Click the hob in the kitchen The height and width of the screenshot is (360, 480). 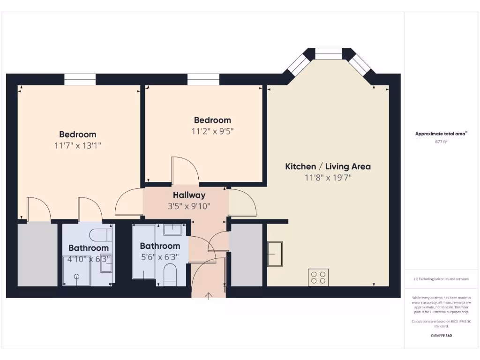tap(318, 277)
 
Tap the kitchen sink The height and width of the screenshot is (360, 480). tap(275, 254)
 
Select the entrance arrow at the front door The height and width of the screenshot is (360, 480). tap(209, 295)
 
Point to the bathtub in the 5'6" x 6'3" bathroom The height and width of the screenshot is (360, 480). tap(143, 252)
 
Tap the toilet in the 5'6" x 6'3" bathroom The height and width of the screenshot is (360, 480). tap(170, 274)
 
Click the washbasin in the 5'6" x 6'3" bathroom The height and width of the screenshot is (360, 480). tap(173, 229)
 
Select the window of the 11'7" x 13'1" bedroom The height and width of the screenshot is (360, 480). tap(80, 79)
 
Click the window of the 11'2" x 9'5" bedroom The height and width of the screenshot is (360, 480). tap(203, 79)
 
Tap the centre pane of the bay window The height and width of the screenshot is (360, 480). tap(328, 53)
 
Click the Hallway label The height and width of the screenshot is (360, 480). tap(189, 195)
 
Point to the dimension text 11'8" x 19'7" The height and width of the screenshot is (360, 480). tap(328, 177)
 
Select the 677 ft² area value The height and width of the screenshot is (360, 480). tap(441, 141)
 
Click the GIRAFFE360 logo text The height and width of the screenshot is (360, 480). tap(441, 336)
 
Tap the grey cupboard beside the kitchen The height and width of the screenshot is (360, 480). tap(246, 255)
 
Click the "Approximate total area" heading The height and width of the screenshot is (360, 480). tap(441, 134)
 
